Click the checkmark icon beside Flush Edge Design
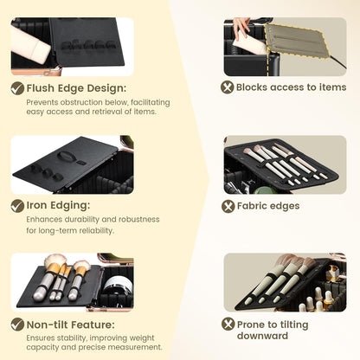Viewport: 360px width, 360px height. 17,88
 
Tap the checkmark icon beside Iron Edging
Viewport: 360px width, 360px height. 17,206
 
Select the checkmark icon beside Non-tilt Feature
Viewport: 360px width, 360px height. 17,325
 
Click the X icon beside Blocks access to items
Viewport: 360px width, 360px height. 228,87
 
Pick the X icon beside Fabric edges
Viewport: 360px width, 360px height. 228,206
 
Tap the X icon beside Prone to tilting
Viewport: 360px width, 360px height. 228,324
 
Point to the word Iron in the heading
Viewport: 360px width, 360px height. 36,205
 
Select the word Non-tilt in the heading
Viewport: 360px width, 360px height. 47,325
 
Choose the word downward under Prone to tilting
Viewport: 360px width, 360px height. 262,336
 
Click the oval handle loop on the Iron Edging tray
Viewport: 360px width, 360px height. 65,156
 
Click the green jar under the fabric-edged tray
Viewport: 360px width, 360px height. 261,190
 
